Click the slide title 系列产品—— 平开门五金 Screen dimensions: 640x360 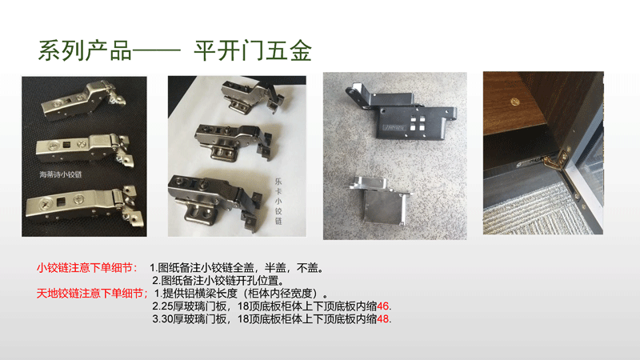click(x=175, y=51)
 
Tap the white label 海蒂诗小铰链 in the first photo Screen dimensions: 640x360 click(x=61, y=174)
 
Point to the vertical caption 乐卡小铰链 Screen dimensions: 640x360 click(x=278, y=202)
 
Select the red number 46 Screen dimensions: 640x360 click(x=383, y=306)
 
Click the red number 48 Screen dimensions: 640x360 click(x=383, y=318)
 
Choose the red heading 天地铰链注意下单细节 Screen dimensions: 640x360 click(x=90, y=294)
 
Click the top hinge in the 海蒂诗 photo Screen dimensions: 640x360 click(x=83, y=100)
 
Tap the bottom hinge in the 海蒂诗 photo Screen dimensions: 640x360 click(x=85, y=206)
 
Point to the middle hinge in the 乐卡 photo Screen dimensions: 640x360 click(x=234, y=142)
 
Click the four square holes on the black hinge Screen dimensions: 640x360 click(x=417, y=123)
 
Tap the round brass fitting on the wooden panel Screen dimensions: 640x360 click(x=515, y=102)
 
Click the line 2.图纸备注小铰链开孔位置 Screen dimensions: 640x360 click(x=218, y=281)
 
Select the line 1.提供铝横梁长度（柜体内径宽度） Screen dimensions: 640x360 click(x=242, y=294)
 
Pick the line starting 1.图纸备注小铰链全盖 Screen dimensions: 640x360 click(x=237, y=268)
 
